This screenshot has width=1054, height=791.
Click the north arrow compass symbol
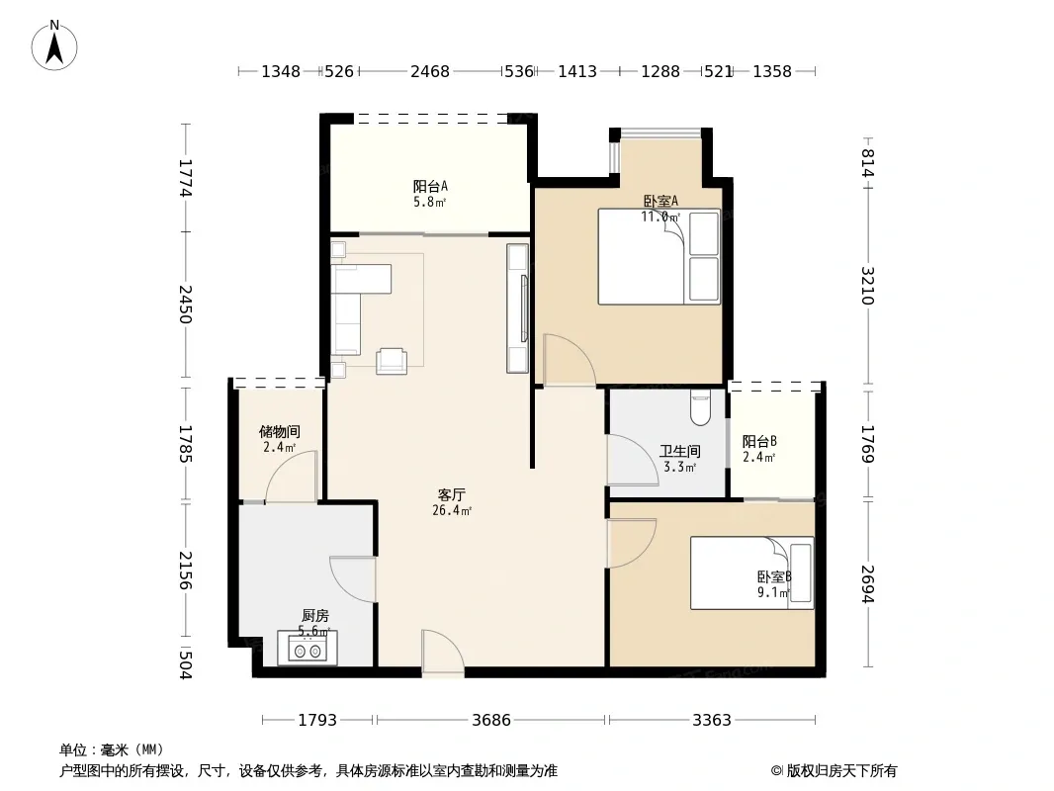(x=54, y=45)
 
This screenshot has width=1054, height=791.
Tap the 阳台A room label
(x=430, y=186)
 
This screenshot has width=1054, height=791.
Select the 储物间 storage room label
(x=280, y=431)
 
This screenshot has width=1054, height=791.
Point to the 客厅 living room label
(x=452, y=495)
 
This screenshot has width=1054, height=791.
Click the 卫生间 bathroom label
(x=679, y=452)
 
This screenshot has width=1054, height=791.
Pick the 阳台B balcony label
(x=759, y=442)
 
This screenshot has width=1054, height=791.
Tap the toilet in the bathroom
(x=700, y=408)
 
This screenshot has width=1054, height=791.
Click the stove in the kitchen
(x=307, y=649)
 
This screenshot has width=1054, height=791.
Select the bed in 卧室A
(x=659, y=256)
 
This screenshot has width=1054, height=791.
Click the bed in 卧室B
(x=752, y=573)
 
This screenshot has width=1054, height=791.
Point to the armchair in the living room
(x=392, y=361)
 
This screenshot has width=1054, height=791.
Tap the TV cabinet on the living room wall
(x=517, y=308)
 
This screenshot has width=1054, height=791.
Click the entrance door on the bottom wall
(x=443, y=651)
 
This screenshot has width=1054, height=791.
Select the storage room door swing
(x=291, y=477)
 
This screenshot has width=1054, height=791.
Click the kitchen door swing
(x=352, y=579)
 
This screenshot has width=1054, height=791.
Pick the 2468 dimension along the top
(x=430, y=71)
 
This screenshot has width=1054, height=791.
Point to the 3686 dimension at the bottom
(x=491, y=721)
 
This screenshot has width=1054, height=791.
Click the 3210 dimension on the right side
(x=868, y=286)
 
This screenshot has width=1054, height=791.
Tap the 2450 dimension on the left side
(x=186, y=305)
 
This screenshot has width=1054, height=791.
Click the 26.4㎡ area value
(x=452, y=511)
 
